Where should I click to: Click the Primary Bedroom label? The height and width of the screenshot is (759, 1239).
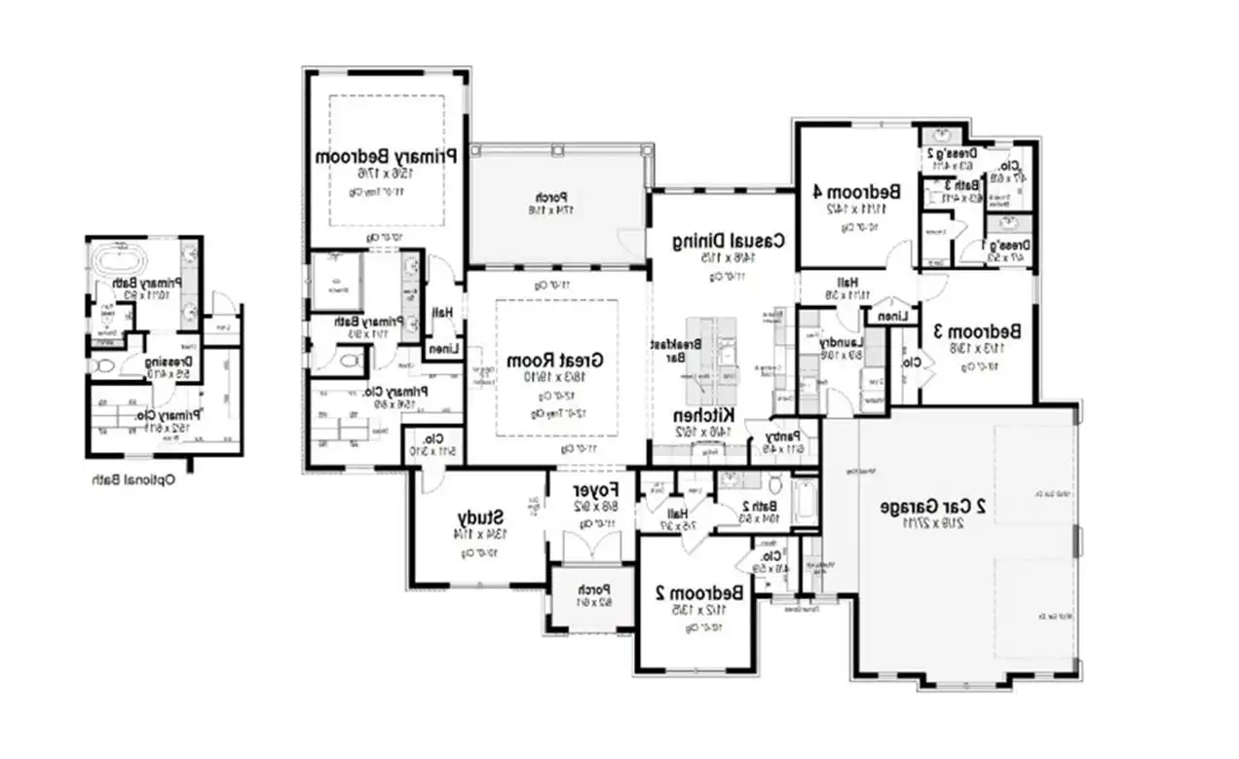387,156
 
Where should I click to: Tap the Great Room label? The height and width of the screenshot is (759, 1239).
556,360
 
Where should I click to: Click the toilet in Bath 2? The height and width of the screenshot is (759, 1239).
775,483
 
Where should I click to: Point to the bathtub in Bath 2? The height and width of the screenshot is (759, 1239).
804,502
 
